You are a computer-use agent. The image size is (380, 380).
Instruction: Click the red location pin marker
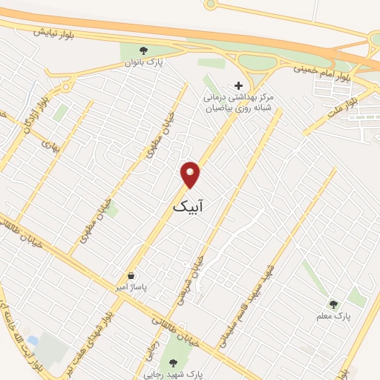click(191, 174)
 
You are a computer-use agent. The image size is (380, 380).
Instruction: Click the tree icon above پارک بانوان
click(144, 51)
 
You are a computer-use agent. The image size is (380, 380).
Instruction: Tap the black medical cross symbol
click(238, 85)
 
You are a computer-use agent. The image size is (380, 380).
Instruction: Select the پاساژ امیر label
click(131, 286)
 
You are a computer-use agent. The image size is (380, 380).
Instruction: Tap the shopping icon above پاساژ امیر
click(131, 275)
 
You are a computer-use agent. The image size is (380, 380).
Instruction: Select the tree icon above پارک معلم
click(333, 304)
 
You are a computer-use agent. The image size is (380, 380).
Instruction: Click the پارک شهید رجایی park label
click(174, 374)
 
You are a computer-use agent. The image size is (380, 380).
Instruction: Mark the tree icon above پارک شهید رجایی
click(174, 363)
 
